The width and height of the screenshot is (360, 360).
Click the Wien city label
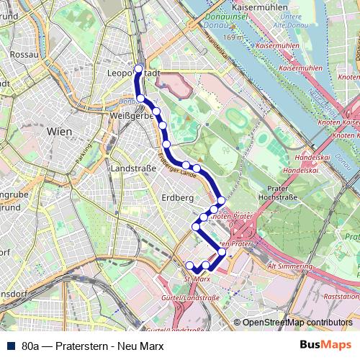[58, 132]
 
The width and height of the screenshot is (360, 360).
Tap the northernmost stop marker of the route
[139, 69]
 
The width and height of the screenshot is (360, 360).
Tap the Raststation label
[341, 296]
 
